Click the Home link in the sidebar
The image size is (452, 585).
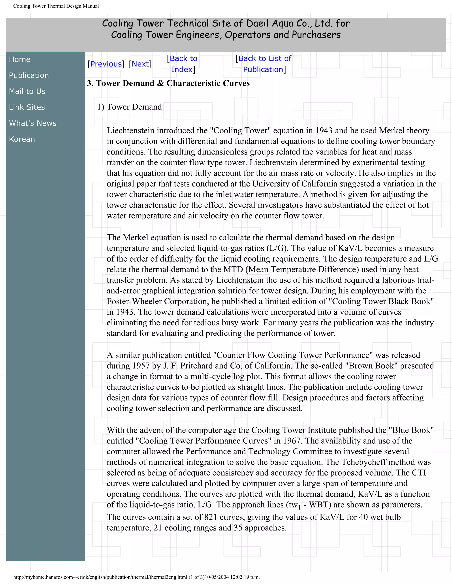(x=20, y=59)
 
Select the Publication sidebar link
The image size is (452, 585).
(x=29, y=75)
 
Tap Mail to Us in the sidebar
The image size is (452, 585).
(x=27, y=91)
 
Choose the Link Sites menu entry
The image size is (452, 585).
(x=27, y=107)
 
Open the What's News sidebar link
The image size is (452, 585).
(x=33, y=123)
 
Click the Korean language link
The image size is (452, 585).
(x=22, y=139)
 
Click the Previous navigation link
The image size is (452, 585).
(x=106, y=64)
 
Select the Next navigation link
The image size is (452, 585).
(x=140, y=64)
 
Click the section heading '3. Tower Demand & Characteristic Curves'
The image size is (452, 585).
(x=168, y=83)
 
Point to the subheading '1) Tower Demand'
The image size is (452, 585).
(x=130, y=107)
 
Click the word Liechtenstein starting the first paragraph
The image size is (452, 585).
(x=131, y=130)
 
